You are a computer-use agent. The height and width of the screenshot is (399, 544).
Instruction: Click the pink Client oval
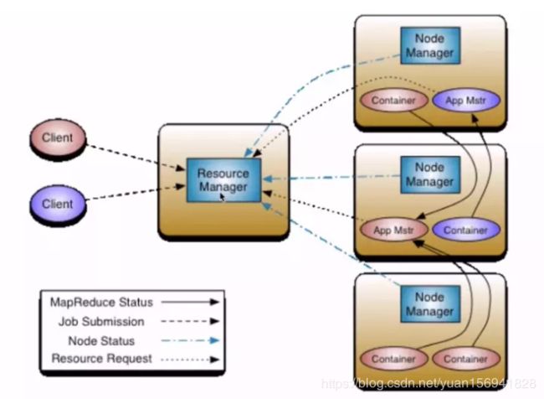pos(58,137)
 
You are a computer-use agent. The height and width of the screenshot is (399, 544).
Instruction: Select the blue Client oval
pos(58,204)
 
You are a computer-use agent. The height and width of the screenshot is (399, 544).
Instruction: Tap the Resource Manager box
pos(223,180)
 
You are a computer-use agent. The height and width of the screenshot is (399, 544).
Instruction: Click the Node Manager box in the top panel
pos(430,45)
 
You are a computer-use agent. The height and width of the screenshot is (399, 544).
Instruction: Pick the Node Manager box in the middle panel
pos(430,174)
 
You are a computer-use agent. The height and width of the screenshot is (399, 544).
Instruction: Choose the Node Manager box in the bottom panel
pos(430,304)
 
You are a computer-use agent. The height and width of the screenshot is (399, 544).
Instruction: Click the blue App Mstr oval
pos(466,101)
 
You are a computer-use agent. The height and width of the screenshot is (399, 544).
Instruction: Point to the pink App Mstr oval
pos(394,230)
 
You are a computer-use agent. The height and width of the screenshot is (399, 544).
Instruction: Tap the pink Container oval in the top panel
pos(394,101)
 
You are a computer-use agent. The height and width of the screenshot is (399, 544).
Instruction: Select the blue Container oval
pos(466,230)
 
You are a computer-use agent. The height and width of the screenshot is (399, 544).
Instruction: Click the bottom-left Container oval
pos(394,359)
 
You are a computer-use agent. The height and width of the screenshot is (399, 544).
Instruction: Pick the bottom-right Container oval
pos(466,359)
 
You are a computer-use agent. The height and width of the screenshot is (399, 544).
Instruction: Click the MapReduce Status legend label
pos(101,303)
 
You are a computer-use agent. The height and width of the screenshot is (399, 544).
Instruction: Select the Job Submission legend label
pos(101,322)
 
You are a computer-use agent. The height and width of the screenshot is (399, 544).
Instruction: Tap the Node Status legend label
pos(101,340)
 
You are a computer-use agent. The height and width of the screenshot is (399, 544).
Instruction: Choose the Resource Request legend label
pos(101,359)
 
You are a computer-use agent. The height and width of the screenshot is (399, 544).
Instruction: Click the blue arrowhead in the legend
pos(215,340)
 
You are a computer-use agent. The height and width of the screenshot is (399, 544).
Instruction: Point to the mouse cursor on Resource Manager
pos(223,197)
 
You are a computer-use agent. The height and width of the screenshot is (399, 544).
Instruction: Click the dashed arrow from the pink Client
pos(136,158)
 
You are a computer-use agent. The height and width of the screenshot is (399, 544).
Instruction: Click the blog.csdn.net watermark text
pos(429,383)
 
